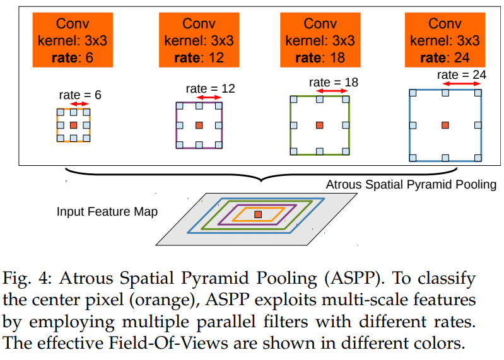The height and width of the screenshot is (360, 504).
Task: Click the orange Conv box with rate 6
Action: tap(73, 41)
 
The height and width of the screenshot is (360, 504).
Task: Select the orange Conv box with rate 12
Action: tap(199, 41)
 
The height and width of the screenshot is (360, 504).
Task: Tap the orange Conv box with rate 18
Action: tap(320, 41)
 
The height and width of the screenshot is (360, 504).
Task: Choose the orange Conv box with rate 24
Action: tap(445, 41)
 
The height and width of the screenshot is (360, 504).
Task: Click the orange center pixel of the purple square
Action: tap(199, 125)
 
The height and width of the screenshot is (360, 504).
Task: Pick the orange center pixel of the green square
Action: tap(320, 125)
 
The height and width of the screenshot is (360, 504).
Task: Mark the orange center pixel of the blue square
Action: tap(445, 125)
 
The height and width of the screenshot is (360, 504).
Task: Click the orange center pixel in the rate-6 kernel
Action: tap(73, 125)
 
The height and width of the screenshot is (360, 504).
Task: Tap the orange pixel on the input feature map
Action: tap(257, 215)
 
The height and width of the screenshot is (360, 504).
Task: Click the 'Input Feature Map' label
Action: tap(107, 211)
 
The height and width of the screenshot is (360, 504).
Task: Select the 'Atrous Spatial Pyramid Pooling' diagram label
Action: tap(411, 185)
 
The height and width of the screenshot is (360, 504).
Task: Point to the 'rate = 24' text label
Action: tap(462, 74)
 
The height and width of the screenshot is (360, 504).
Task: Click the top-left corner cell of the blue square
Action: tap(413, 93)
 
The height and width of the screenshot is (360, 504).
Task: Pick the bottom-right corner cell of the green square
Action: tap(347, 151)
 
